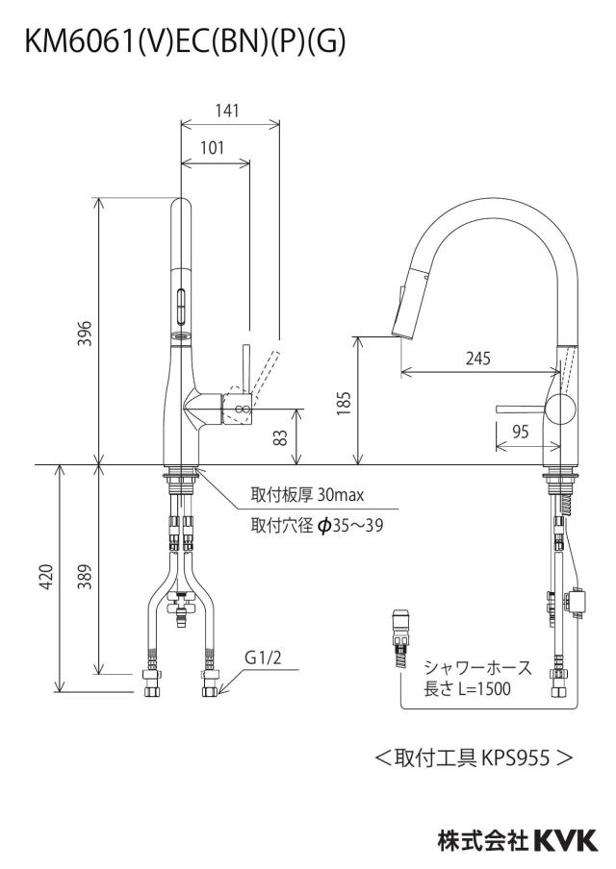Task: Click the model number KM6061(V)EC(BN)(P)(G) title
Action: [x=186, y=41]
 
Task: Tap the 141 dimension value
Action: [x=227, y=111]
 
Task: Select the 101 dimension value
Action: [x=212, y=147]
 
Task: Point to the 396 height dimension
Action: [x=85, y=333]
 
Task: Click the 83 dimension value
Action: [x=282, y=437]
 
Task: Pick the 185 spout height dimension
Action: [x=344, y=403]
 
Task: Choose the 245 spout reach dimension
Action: [x=477, y=359]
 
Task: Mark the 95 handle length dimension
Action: [x=521, y=432]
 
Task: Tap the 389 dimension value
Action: [x=85, y=577]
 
